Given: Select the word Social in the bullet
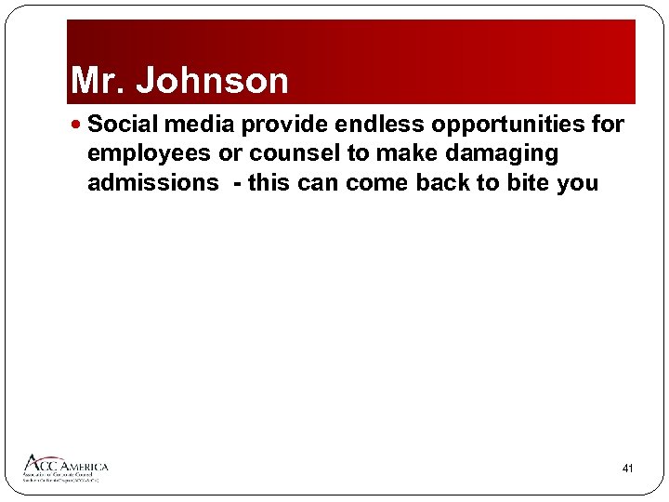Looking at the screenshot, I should click(122, 125).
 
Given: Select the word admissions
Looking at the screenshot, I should click(152, 183).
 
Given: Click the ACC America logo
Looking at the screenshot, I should click(66, 467).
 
